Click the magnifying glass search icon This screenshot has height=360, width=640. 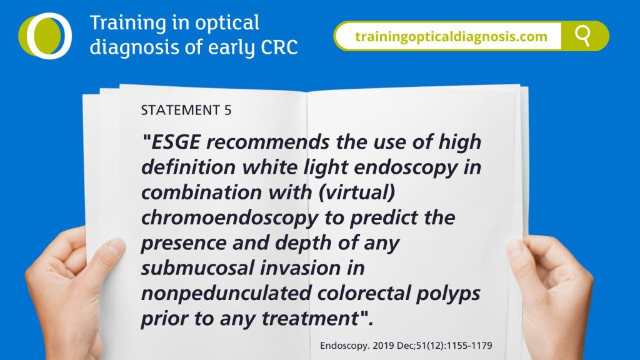tap(583, 36)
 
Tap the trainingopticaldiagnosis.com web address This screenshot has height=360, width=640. tap(451, 37)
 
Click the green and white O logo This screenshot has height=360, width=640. tap(45, 36)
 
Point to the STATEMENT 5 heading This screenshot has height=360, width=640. tap(186, 110)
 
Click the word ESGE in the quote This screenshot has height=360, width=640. tap(176, 142)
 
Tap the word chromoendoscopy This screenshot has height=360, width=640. tap(229, 218)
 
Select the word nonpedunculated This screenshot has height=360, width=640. tap(226, 294)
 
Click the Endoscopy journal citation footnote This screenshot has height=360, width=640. tap(406, 346)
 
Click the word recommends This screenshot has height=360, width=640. tap(267, 142)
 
